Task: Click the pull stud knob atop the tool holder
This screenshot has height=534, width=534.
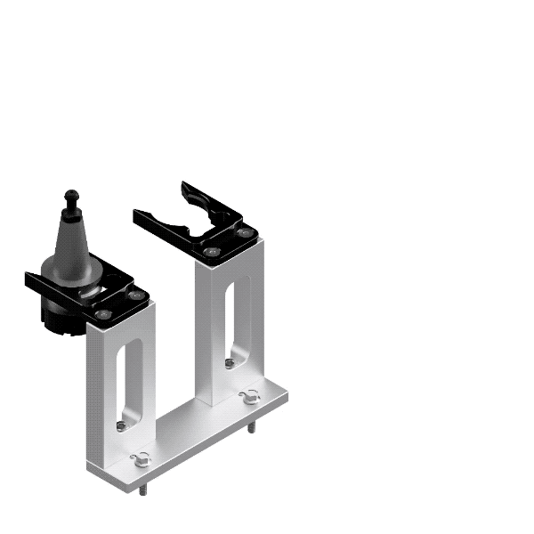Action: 70,195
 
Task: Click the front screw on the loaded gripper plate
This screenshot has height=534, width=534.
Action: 103,313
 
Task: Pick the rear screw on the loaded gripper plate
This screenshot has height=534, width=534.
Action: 134,295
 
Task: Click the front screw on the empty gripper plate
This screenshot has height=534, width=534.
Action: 210,252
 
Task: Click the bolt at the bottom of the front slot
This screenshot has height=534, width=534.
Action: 122,425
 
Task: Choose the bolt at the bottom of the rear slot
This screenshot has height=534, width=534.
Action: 231,362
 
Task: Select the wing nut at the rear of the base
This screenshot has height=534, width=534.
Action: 248,397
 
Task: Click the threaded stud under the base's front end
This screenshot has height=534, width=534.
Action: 142,489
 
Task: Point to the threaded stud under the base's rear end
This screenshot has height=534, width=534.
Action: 250,427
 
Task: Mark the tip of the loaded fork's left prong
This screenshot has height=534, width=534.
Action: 30,281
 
